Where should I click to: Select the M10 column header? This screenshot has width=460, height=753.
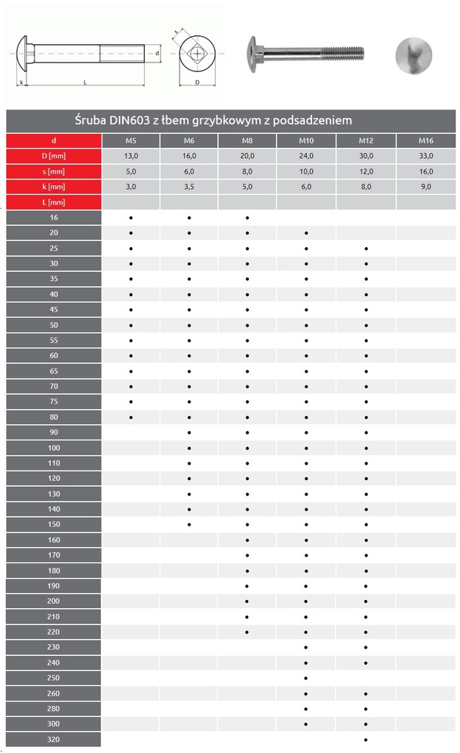(x=306, y=140)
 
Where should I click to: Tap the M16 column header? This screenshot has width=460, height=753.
(x=425, y=140)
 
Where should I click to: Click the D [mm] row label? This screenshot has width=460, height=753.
(x=54, y=156)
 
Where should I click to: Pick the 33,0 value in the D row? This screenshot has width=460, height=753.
(x=425, y=156)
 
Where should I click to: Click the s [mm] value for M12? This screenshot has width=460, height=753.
(x=366, y=171)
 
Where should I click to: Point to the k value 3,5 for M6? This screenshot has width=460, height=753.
(x=189, y=187)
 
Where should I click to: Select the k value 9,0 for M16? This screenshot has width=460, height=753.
(x=425, y=187)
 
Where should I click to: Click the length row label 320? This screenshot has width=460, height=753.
(x=54, y=740)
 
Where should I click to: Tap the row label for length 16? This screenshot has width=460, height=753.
(x=54, y=218)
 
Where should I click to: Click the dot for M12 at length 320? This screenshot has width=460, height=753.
(x=366, y=740)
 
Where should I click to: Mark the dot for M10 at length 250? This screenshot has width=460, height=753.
(x=306, y=678)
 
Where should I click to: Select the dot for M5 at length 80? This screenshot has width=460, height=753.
(x=131, y=418)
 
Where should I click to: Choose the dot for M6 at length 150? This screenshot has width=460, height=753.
(x=189, y=524)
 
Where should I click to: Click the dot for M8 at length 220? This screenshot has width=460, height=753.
(x=247, y=632)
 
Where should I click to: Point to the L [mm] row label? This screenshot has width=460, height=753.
(x=54, y=202)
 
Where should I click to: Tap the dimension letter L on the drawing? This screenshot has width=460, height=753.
(x=85, y=83)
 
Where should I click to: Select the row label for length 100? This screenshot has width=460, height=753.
(x=54, y=448)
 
